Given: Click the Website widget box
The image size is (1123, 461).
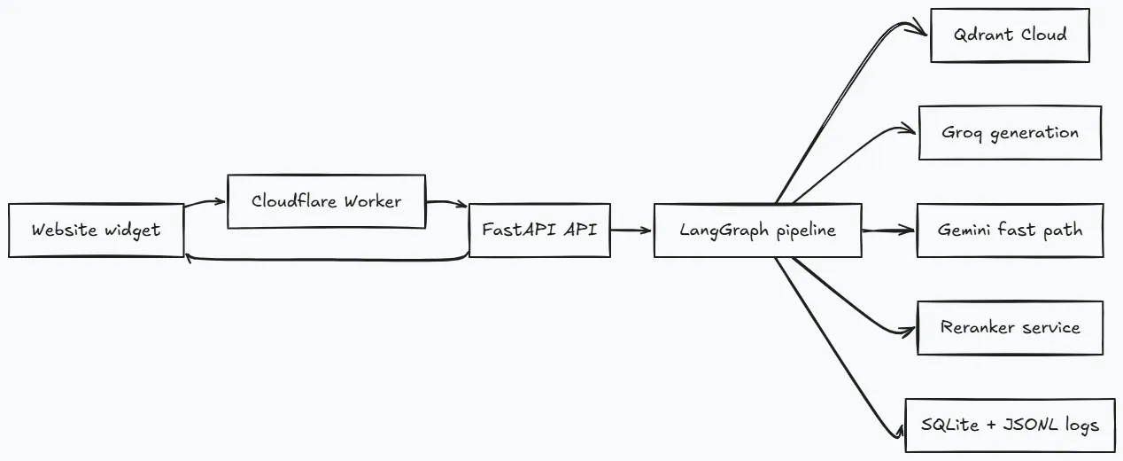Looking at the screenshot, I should point(97,230).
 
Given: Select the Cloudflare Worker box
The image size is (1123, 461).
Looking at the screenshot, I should point(326,201).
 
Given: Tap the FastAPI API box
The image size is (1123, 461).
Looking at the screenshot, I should point(539,230).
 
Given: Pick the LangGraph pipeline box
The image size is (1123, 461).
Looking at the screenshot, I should point(757,230).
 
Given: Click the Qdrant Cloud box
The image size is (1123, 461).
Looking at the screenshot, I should point(1010,35).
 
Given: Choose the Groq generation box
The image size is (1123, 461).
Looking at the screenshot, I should point(1010,133).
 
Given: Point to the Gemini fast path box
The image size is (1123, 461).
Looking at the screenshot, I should point(1010,230).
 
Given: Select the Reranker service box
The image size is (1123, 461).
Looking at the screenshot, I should point(1010,328).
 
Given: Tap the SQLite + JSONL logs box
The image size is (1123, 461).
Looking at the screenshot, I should point(1010,426).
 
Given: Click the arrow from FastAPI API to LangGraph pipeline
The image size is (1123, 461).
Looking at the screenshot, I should point(631,230).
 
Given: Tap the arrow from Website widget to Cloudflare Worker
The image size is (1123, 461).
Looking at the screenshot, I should point(205,203).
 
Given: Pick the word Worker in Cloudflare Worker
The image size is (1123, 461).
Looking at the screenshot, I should point(373,201).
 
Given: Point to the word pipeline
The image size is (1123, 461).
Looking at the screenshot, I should point(806,230).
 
